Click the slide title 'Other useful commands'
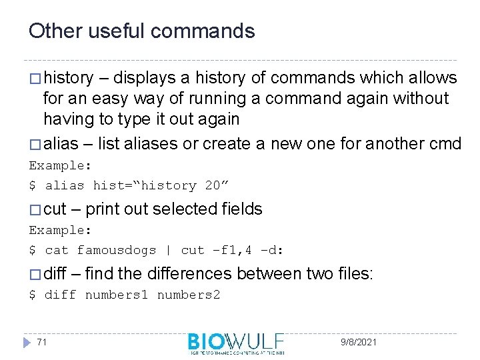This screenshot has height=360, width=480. [x=141, y=31]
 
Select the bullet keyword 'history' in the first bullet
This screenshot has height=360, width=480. [x=69, y=78]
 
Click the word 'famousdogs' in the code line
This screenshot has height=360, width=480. [x=116, y=250]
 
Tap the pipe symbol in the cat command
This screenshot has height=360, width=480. [x=168, y=250]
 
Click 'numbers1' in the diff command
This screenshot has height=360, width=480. [x=116, y=295]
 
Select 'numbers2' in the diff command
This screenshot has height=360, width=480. [x=188, y=295]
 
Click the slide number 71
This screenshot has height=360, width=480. [x=43, y=342]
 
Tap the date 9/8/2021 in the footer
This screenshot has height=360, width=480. [x=358, y=342]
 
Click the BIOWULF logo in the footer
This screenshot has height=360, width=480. [x=236, y=343]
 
